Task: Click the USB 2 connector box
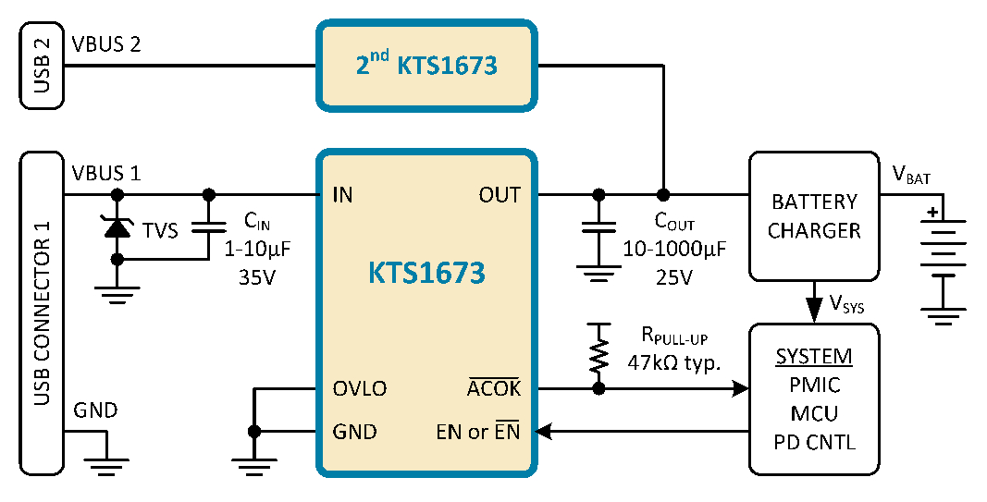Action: (43, 65)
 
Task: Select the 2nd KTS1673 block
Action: (426, 66)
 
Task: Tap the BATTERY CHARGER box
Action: (814, 215)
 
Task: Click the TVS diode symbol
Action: (117, 227)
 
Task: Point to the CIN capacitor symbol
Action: (208, 227)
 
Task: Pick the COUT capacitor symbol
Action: (598, 227)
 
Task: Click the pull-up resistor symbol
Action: (598, 355)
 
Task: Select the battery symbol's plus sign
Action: (931, 212)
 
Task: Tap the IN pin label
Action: (342, 195)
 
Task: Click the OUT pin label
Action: (500, 195)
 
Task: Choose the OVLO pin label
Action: (360, 389)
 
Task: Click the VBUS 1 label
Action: (106, 173)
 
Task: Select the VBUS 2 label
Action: (106, 44)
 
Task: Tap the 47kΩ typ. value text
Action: (674, 363)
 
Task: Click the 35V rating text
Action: (257, 276)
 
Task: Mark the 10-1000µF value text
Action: (674, 250)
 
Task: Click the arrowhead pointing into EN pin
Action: (543, 432)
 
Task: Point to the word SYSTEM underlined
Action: (814, 357)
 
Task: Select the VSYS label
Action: (846, 304)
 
